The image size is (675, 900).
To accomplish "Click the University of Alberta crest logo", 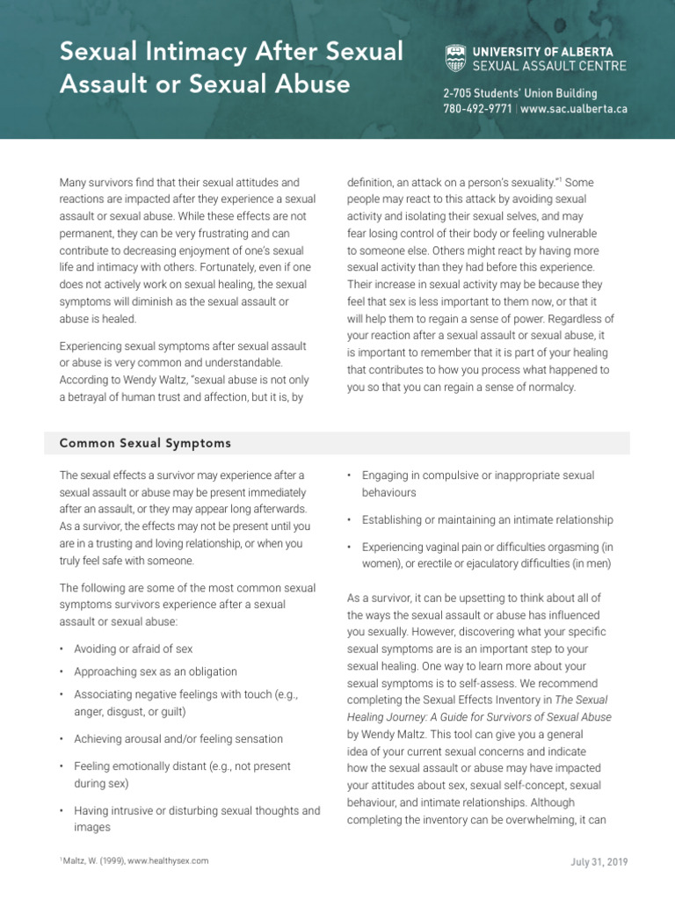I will [x=456, y=58].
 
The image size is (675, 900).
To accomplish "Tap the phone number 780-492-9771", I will [x=478, y=110].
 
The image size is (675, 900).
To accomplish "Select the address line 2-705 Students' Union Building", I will [x=519, y=93].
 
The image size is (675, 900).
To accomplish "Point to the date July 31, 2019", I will [x=599, y=861].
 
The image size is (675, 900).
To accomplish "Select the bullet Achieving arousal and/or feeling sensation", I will [x=178, y=739].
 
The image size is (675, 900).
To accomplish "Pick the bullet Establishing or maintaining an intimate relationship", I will [x=487, y=520].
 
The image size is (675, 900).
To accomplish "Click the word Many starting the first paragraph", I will [x=74, y=183].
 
